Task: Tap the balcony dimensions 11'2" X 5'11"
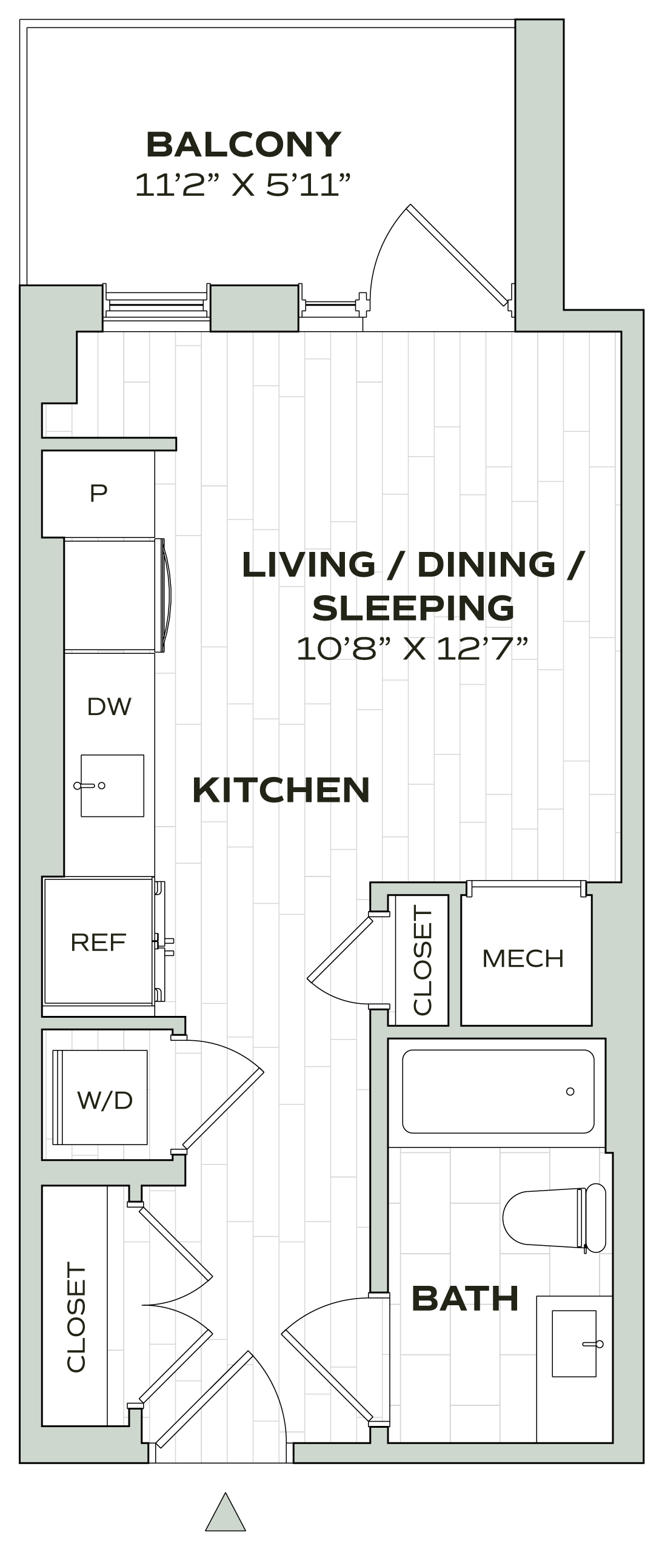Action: [x=243, y=185]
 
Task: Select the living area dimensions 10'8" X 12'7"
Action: [x=412, y=648]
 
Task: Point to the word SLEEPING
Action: [x=413, y=608]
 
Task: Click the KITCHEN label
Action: [x=281, y=790]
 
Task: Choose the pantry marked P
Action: [x=99, y=493]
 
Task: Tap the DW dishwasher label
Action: [x=109, y=707]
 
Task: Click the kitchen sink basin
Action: [x=112, y=785]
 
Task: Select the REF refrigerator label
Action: [x=98, y=942]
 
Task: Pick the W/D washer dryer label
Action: [x=105, y=1100]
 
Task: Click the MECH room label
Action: [x=523, y=958]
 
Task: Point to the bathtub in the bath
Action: [x=498, y=1092]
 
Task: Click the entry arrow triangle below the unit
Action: [x=226, y=1511]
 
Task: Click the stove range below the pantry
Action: [x=110, y=596]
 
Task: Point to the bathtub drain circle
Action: [x=570, y=1092]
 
